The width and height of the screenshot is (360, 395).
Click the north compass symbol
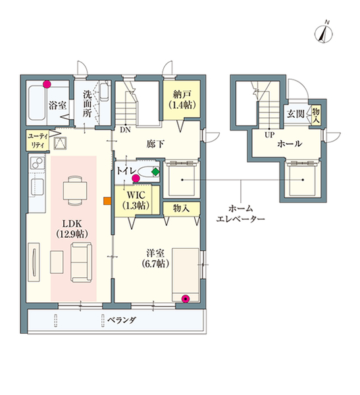323,34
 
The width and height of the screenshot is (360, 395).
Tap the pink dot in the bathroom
47,84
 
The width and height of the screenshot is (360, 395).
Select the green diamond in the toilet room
156,172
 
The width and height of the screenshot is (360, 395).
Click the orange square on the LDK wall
107,201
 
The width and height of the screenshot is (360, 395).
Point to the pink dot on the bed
186,299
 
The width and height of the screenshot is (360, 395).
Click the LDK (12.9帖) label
72,228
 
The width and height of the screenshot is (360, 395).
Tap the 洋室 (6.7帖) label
155,258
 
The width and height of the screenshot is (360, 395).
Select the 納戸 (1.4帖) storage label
182,100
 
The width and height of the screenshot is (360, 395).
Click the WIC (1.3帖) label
136,200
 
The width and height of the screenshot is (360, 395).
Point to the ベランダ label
122,320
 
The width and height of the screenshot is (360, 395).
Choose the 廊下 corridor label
155,144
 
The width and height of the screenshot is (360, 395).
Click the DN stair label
125,130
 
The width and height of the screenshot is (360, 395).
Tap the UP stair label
269,135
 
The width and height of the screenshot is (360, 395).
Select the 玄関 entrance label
296,114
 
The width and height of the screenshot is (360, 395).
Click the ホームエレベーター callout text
241,213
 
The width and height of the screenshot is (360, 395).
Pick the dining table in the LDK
75,191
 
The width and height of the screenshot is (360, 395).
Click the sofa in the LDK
82,262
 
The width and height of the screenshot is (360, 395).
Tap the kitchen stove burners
38,163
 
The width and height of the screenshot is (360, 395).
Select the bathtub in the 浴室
37,103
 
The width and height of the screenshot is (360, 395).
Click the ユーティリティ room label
38,141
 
